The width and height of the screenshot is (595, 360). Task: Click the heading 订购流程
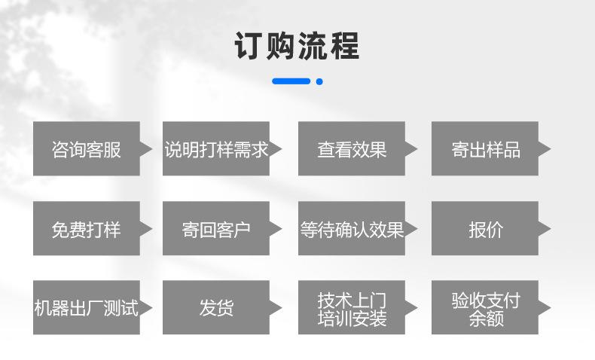pos(297,46)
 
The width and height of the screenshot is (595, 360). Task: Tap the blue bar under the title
pos(291,81)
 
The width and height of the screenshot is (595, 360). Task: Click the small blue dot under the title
pos(319,81)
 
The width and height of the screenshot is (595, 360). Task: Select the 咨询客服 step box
pos(86,149)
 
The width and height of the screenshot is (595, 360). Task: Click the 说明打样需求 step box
pos(216,149)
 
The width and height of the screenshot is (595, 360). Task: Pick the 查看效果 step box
pos(351,149)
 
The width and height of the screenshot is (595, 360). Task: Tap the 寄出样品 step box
pos(485,149)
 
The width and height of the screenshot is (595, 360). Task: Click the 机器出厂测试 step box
pos(86,307)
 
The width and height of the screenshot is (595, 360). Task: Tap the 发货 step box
pos(216,307)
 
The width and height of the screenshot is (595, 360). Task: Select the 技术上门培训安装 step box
pos(351,307)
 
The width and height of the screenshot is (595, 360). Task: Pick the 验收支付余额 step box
pos(485,307)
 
